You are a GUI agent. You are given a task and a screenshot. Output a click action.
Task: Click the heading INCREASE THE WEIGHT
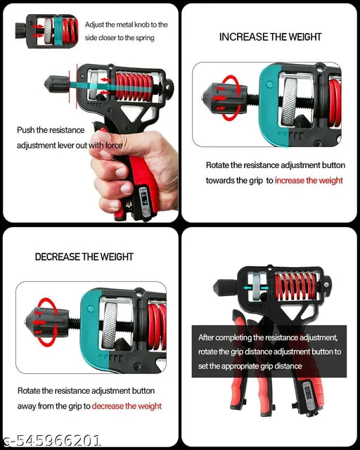pos(270,37)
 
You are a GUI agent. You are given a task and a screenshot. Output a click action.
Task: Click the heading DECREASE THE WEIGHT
pos(84,257)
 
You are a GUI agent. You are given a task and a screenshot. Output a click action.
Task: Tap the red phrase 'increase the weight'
pos(309,181)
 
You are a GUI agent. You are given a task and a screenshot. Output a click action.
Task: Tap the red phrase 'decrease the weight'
pos(127,406)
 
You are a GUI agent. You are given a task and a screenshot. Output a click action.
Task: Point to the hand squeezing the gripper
pos(116,172)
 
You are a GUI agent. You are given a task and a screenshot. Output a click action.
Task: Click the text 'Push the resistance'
pos(51,130)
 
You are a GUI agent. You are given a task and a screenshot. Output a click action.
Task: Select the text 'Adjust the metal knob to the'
pos(127,25)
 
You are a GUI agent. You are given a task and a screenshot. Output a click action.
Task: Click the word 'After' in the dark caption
pos(208,337)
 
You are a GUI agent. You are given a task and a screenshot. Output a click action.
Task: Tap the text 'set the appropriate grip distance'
pos(250,366)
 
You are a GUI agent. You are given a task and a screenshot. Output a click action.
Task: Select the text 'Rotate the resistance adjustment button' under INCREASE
pos(276,165)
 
